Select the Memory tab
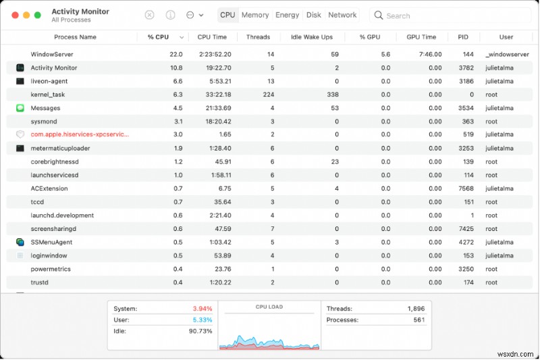[x=255, y=15]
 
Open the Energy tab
[x=288, y=15]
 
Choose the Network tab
[x=342, y=15]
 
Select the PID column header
[x=463, y=37]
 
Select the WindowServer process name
[x=52, y=54]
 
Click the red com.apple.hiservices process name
[x=80, y=134]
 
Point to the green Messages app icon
[x=20, y=108]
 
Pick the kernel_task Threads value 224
[x=268, y=95]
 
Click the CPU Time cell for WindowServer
[x=215, y=54]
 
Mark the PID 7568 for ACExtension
[x=466, y=188]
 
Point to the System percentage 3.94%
[x=202, y=309]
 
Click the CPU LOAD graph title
[x=269, y=307]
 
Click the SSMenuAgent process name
[x=51, y=242]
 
